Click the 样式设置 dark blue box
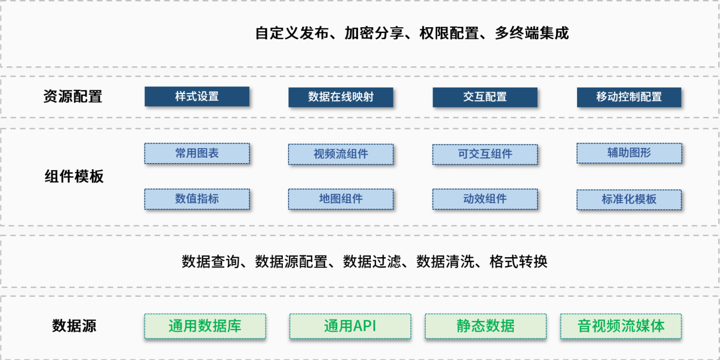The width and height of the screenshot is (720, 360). tap(196, 97)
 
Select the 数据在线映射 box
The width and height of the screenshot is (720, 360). tap(340, 97)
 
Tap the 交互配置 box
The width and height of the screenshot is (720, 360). tap(485, 97)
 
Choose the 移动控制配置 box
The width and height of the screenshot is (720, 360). tap(629, 97)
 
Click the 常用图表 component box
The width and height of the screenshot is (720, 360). tap(196, 153)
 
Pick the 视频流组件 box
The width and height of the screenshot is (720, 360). tap(340, 154)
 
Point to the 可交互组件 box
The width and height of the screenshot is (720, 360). tap(485, 154)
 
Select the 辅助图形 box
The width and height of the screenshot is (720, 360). tap(629, 153)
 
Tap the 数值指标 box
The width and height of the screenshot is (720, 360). tap(196, 199)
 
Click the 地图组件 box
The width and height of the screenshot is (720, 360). tap(340, 199)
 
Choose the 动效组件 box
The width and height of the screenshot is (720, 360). tap(485, 199)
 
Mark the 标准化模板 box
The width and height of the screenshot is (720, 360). tap(629, 200)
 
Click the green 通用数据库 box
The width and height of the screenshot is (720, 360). tap(205, 326)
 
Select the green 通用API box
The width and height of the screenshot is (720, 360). tap(350, 326)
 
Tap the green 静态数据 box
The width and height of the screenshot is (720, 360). tap(485, 326)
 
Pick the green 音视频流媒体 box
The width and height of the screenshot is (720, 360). tap(621, 326)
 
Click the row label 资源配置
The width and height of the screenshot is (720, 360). tap(73, 97)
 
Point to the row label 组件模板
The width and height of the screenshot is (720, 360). tap(74, 176)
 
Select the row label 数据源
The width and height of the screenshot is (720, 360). tap(74, 326)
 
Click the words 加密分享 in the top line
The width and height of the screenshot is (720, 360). tap(374, 33)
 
